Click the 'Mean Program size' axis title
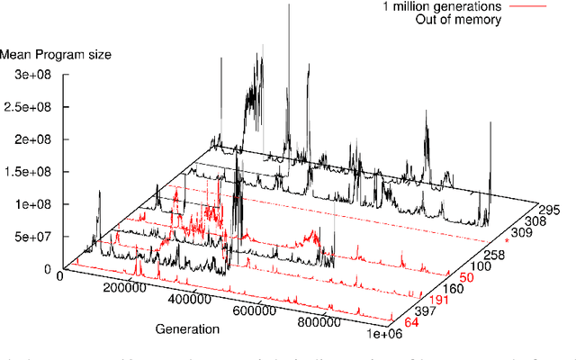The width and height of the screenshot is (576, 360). coord(56,55)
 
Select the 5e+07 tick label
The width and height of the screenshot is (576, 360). coord(27,237)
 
